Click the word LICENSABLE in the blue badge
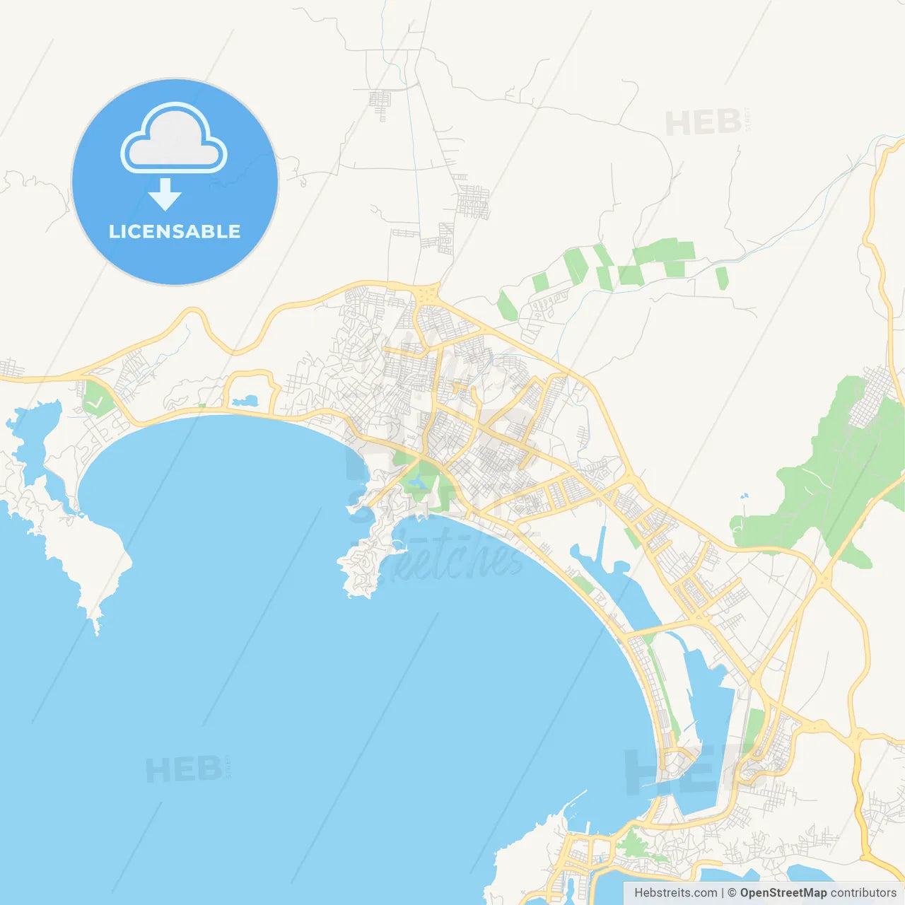175,231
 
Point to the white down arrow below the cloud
165,194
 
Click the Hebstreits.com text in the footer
675,893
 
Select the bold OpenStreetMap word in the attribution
783,893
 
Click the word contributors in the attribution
863,893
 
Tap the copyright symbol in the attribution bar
732,893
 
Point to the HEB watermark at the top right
703,123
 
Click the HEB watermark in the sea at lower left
184,769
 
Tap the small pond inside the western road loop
245,401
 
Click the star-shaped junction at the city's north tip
428,294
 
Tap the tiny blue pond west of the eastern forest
743,496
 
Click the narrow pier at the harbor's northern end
602,544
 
